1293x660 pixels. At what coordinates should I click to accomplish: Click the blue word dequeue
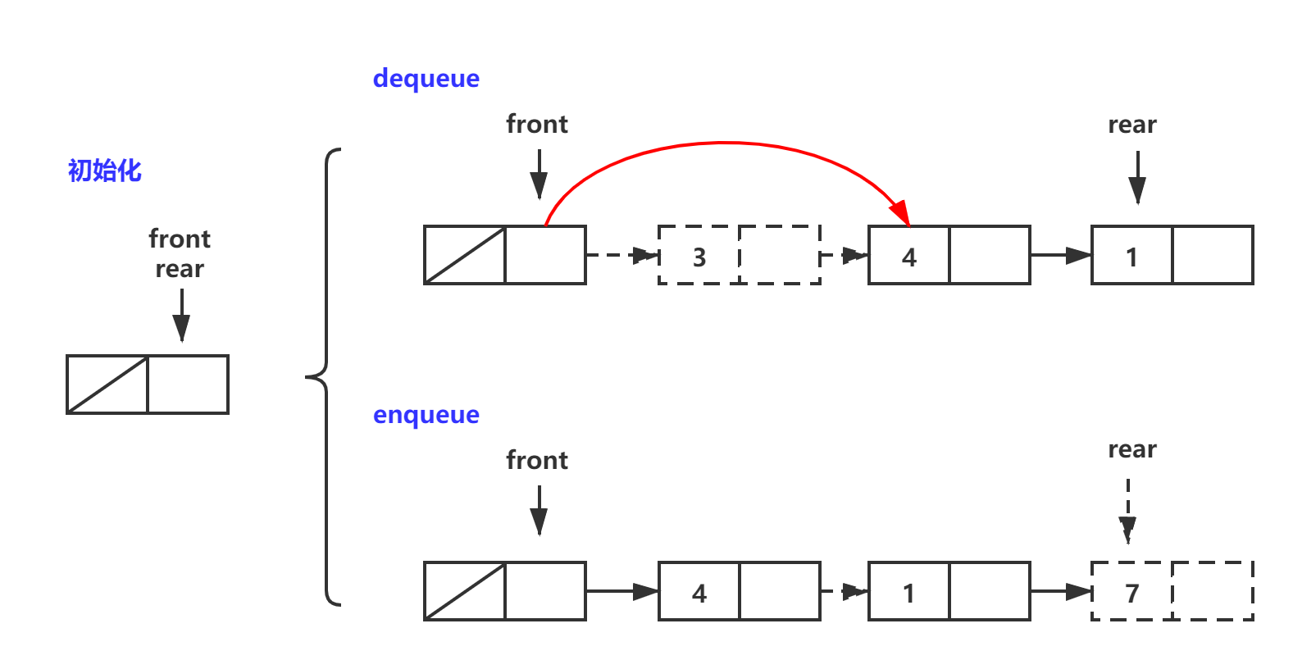pyautogui.click(x=426, y=79)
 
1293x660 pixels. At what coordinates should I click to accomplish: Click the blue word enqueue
pyautogui.click(x=426, y=415)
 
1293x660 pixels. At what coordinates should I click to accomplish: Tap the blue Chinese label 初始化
pyautogui.click(x=105, y=171)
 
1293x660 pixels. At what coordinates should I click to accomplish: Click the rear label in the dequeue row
pyautogui.click(x=1132, y=125)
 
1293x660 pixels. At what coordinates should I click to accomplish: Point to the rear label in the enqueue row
pyautogui.click(x=1132, y=449)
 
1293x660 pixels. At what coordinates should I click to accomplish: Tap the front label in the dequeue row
pyautogui.click(x=537, y=124)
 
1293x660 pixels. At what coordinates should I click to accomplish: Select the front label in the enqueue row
pyautogui.click(x=537, y=460)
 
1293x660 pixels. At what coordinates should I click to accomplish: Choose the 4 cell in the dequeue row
pyautogui.click(x=908, y=256)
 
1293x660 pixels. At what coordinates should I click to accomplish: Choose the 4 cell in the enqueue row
pyautogui.click(x=699, y=592)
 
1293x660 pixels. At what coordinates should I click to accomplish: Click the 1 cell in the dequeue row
pyautogui.click(x=1132, y=256)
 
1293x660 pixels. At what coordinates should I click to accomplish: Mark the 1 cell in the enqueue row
pyautogui.click(x=908, y=592)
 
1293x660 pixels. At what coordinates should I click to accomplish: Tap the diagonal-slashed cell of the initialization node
pyautogui.click(x=107, y=385)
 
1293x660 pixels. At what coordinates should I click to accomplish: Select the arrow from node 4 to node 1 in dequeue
pyautogui.click(x=1061, y=256)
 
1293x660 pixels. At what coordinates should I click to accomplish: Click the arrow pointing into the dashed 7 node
pyautogui.click(x=1061, y=591)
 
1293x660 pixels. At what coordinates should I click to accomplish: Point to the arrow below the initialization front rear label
pyautogui.click(x=182, y=316)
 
